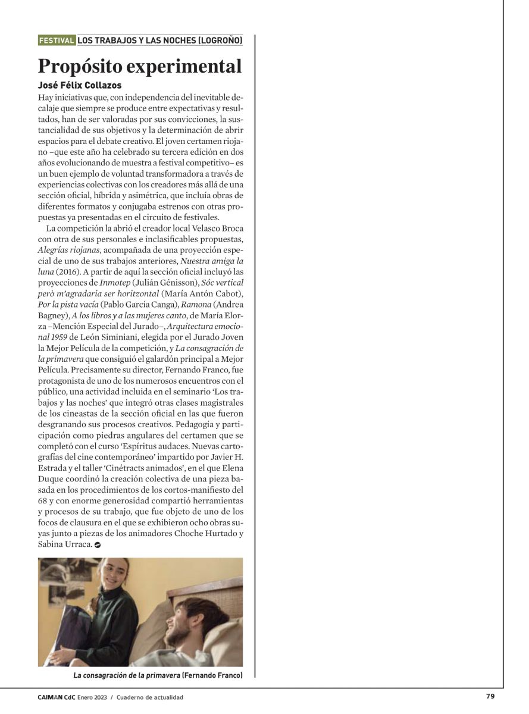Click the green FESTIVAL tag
[57, 40]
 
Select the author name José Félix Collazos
[80, 86]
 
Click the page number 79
[490, 697]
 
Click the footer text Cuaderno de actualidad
[150, 697]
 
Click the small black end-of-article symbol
[98, 544]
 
